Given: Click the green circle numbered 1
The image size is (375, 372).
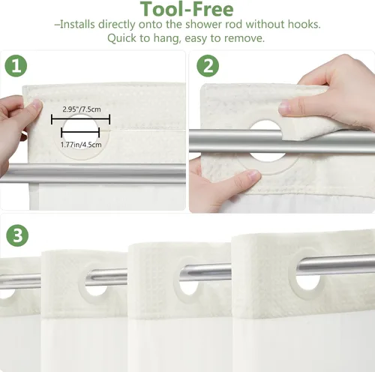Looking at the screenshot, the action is click(16, 66).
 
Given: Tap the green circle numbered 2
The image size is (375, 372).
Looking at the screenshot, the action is click(208, 66).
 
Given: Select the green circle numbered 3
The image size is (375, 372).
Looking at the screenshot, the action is click(17, 235).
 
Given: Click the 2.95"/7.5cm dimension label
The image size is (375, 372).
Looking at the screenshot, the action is click(82, 109).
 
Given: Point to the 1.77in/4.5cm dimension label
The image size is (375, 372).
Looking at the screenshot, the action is click(81, 145).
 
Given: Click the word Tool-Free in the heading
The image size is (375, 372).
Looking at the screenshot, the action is click(187, 9).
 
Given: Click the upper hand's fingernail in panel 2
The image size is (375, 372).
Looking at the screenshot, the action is click(284, 106).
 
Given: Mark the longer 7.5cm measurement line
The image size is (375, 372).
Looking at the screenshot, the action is click(80, 119).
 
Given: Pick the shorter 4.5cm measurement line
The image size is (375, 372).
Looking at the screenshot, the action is click(80, 132).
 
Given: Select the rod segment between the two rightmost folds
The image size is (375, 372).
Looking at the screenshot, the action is click(205, 272).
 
